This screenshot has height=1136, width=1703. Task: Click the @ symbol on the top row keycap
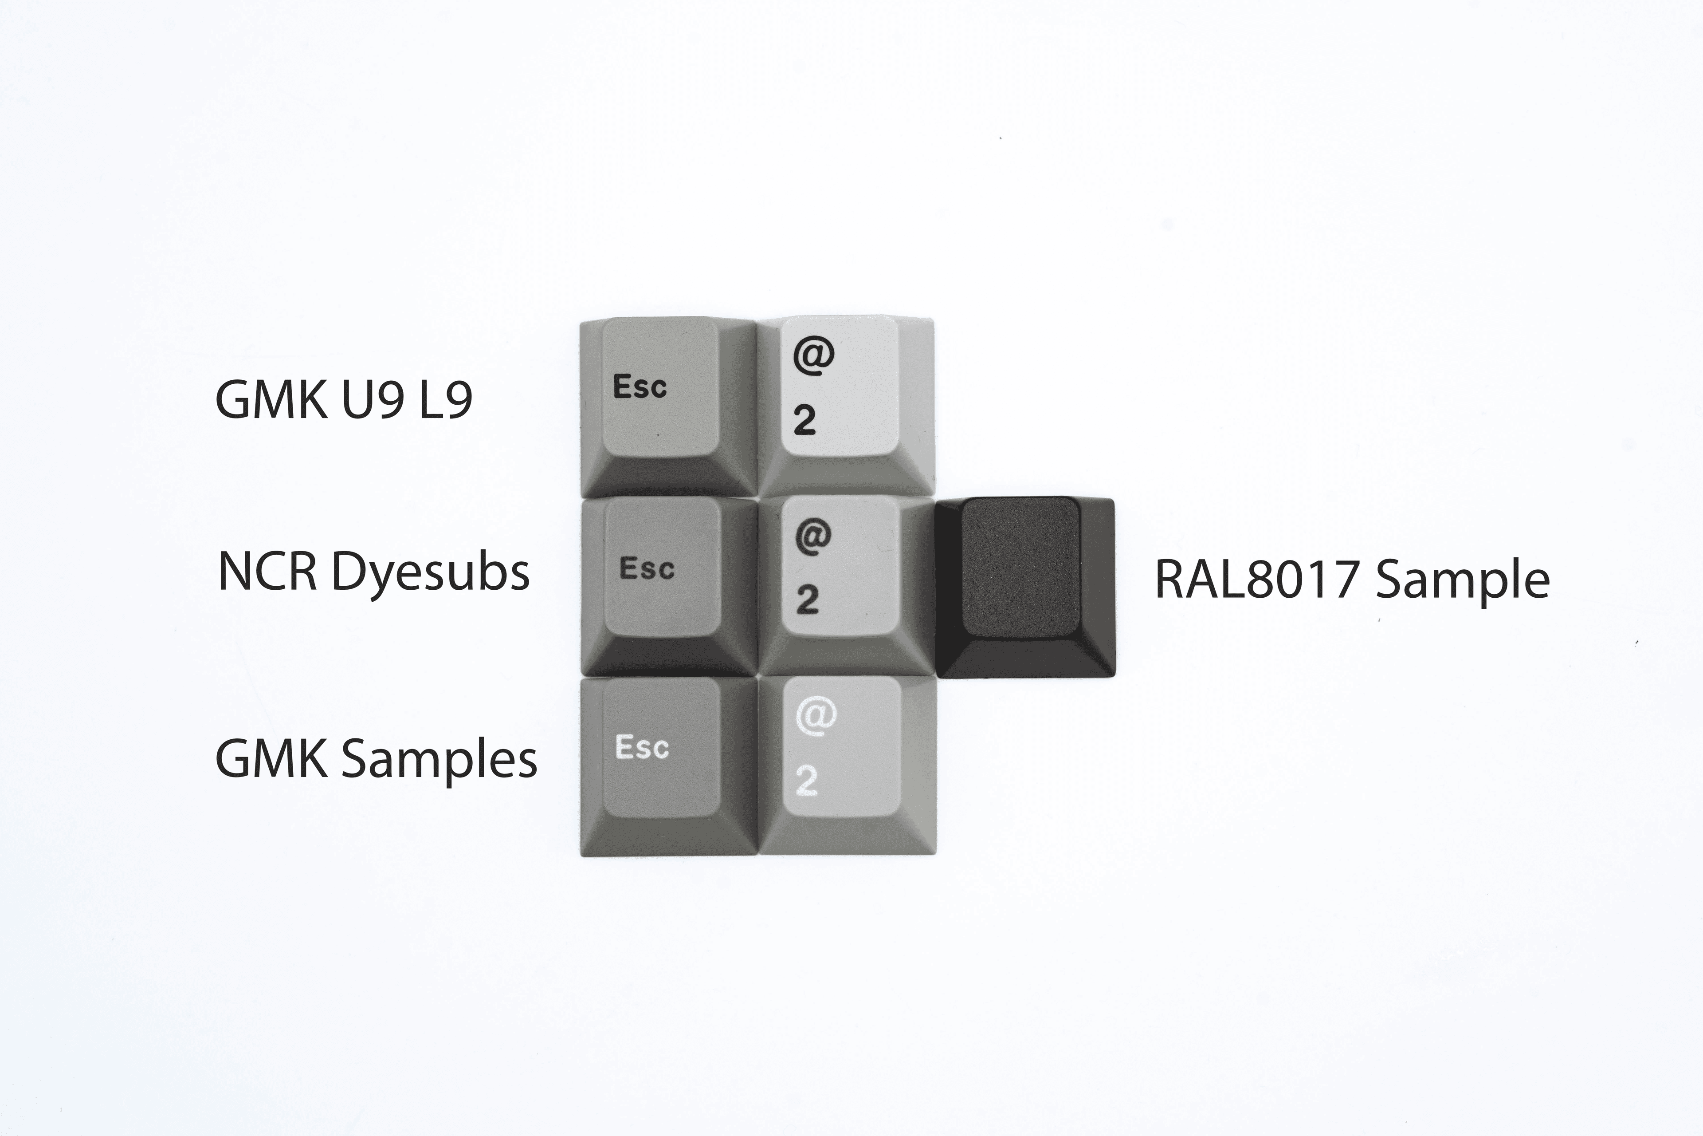click(x=813, y=355)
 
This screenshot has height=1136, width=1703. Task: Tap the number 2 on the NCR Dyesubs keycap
click(x=807, y=600)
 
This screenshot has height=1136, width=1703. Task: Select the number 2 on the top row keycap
click(x=804, y=420)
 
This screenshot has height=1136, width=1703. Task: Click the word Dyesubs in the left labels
click(x=430, y=572)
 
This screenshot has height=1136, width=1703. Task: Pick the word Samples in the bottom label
click(x=439, y=761)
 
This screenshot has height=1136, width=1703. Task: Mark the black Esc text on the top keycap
click(x=640, y=387)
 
